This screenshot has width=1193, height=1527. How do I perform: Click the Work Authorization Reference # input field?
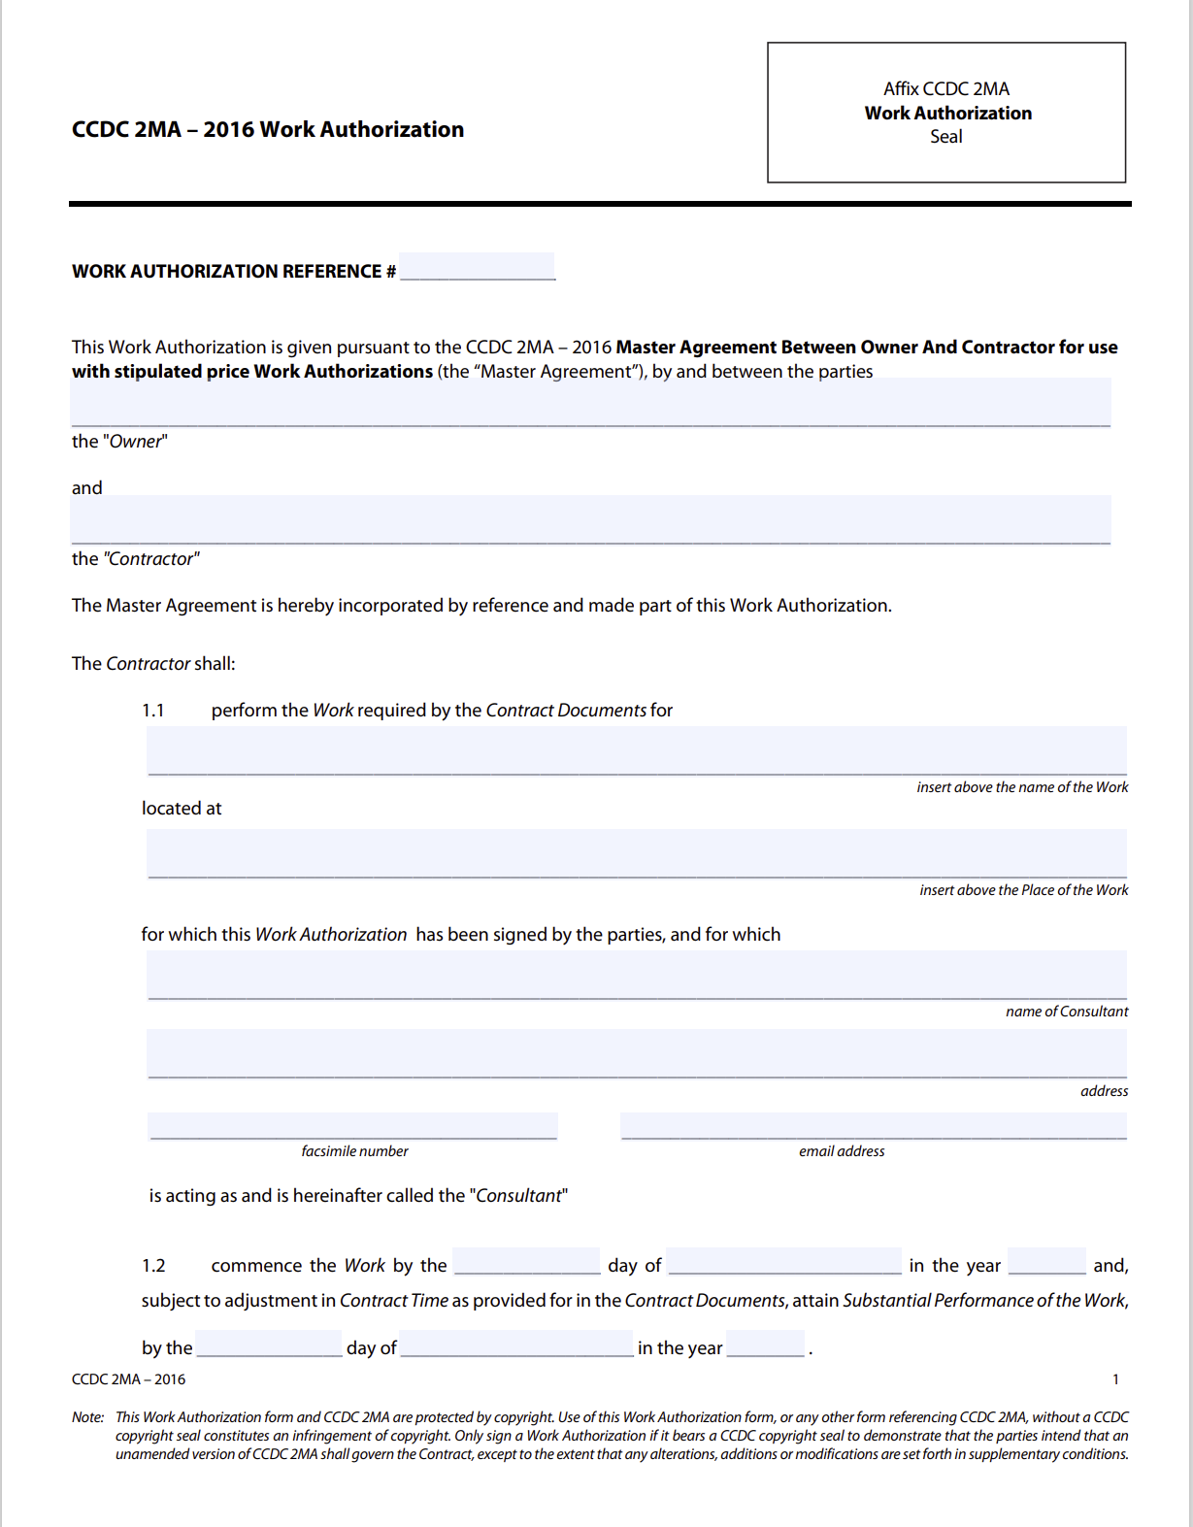477,267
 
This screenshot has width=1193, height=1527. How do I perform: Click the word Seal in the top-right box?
945,137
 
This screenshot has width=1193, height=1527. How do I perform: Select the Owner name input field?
590,403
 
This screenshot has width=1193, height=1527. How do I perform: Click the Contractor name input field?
590,520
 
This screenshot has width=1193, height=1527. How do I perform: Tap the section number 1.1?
153,711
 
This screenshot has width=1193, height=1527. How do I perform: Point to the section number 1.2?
153,1266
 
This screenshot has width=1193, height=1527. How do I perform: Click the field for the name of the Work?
637,751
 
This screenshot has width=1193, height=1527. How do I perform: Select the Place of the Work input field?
637,854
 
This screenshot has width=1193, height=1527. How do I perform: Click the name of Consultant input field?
637,976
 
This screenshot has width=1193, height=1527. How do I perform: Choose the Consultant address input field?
637,1054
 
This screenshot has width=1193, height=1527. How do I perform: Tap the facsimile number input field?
353,1126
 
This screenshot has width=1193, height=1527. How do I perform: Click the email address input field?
874,1126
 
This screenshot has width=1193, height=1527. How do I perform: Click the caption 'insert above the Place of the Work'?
1023,890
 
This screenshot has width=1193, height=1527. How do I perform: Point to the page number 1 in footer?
1115,1379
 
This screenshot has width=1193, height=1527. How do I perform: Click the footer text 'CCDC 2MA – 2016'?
128,1379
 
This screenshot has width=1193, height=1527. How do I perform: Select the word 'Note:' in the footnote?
87,1417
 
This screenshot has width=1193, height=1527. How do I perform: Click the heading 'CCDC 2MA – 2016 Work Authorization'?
268,130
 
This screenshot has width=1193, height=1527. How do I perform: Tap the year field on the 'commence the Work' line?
1046,1262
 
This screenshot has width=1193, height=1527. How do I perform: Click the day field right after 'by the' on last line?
269,1344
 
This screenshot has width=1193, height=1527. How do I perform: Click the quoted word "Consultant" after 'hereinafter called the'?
518,1196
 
